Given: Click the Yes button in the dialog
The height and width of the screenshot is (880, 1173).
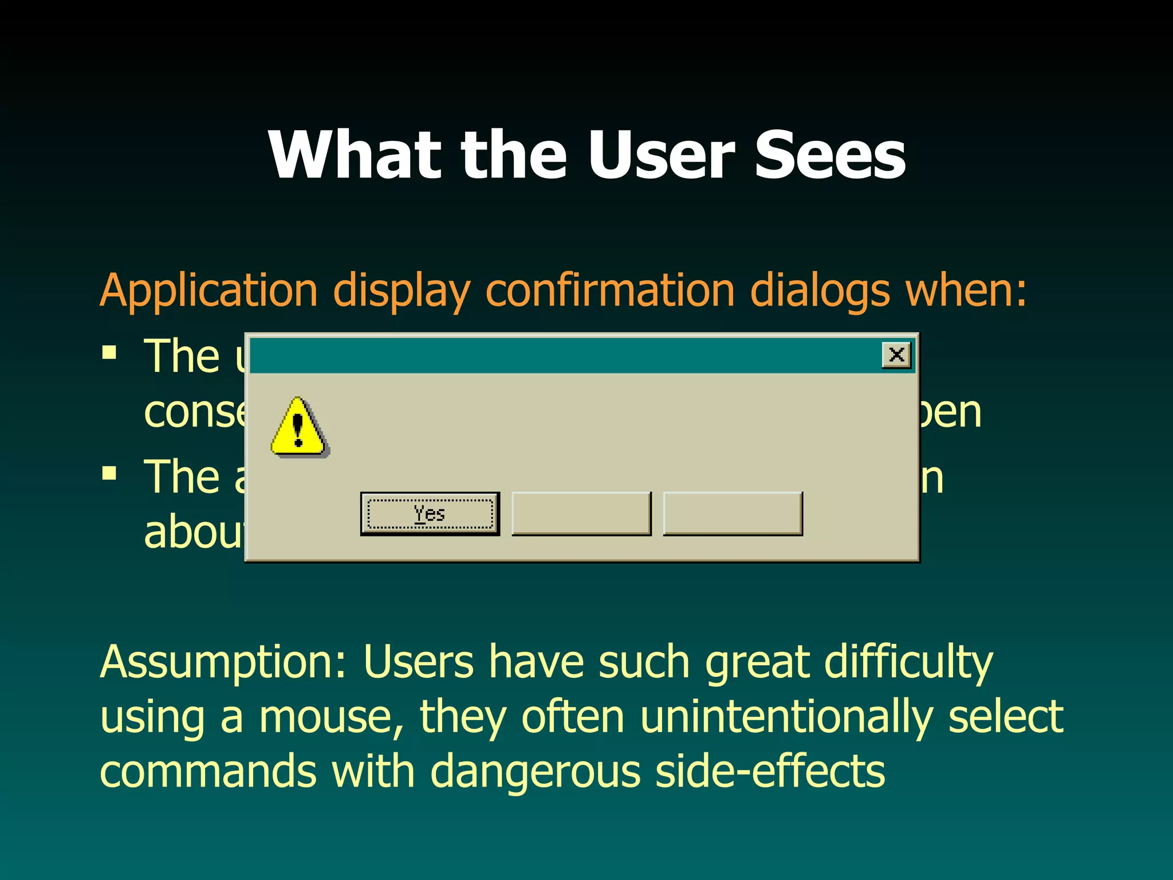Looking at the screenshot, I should point(430,514).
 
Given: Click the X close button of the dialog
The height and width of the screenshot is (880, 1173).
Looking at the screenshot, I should point(896,355).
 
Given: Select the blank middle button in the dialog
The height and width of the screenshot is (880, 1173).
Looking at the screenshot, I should point(581,514).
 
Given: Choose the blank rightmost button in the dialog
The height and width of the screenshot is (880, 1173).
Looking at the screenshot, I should point(733,514).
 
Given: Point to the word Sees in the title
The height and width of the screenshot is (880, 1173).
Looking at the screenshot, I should point(830,155).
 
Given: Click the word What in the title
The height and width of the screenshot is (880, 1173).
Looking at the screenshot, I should point(355,155).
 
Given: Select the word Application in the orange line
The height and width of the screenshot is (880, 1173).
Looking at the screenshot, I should point(208,291).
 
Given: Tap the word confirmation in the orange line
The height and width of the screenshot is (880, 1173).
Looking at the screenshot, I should point(611,290).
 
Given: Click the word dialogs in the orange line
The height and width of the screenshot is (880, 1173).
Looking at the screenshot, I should point(820,291).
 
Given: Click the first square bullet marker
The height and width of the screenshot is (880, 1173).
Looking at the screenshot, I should point(109,352).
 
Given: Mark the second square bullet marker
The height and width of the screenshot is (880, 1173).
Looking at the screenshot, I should point(109,473).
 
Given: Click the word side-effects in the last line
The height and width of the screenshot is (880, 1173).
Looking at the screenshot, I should point(770,771).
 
